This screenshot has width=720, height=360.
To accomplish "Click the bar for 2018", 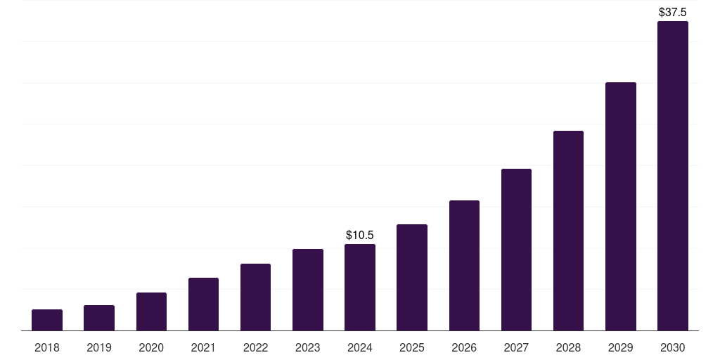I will (47, 320).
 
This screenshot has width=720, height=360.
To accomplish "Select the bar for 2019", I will (99, 318).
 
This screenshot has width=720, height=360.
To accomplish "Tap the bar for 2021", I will (203, 304).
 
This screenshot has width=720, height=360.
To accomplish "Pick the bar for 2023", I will (308, 290).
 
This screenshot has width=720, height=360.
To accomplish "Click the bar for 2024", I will (360, 287).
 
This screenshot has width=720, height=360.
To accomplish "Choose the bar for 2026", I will (464, 265).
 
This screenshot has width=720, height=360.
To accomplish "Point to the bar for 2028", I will (568, 231).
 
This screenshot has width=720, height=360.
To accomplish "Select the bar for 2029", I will (621, 206).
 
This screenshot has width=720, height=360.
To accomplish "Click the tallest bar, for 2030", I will (673, 176).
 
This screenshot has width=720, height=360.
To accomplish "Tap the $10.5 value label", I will (360, 235).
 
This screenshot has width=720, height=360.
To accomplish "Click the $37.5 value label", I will (673, 12).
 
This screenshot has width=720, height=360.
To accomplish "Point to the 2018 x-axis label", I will (47, 347).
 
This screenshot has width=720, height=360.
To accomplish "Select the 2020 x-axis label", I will (151, 347).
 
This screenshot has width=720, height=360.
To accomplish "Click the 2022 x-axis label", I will (255, 347).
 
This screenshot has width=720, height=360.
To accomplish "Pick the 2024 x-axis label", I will (360, 347).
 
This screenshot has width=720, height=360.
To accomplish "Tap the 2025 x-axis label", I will (412, 347).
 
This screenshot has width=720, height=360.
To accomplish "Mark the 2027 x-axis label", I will (516, 347).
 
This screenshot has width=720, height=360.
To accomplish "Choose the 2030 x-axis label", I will (673, 347).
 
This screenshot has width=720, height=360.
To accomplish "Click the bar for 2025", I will (412, 277).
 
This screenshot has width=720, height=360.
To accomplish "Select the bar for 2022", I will (255, 297).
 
